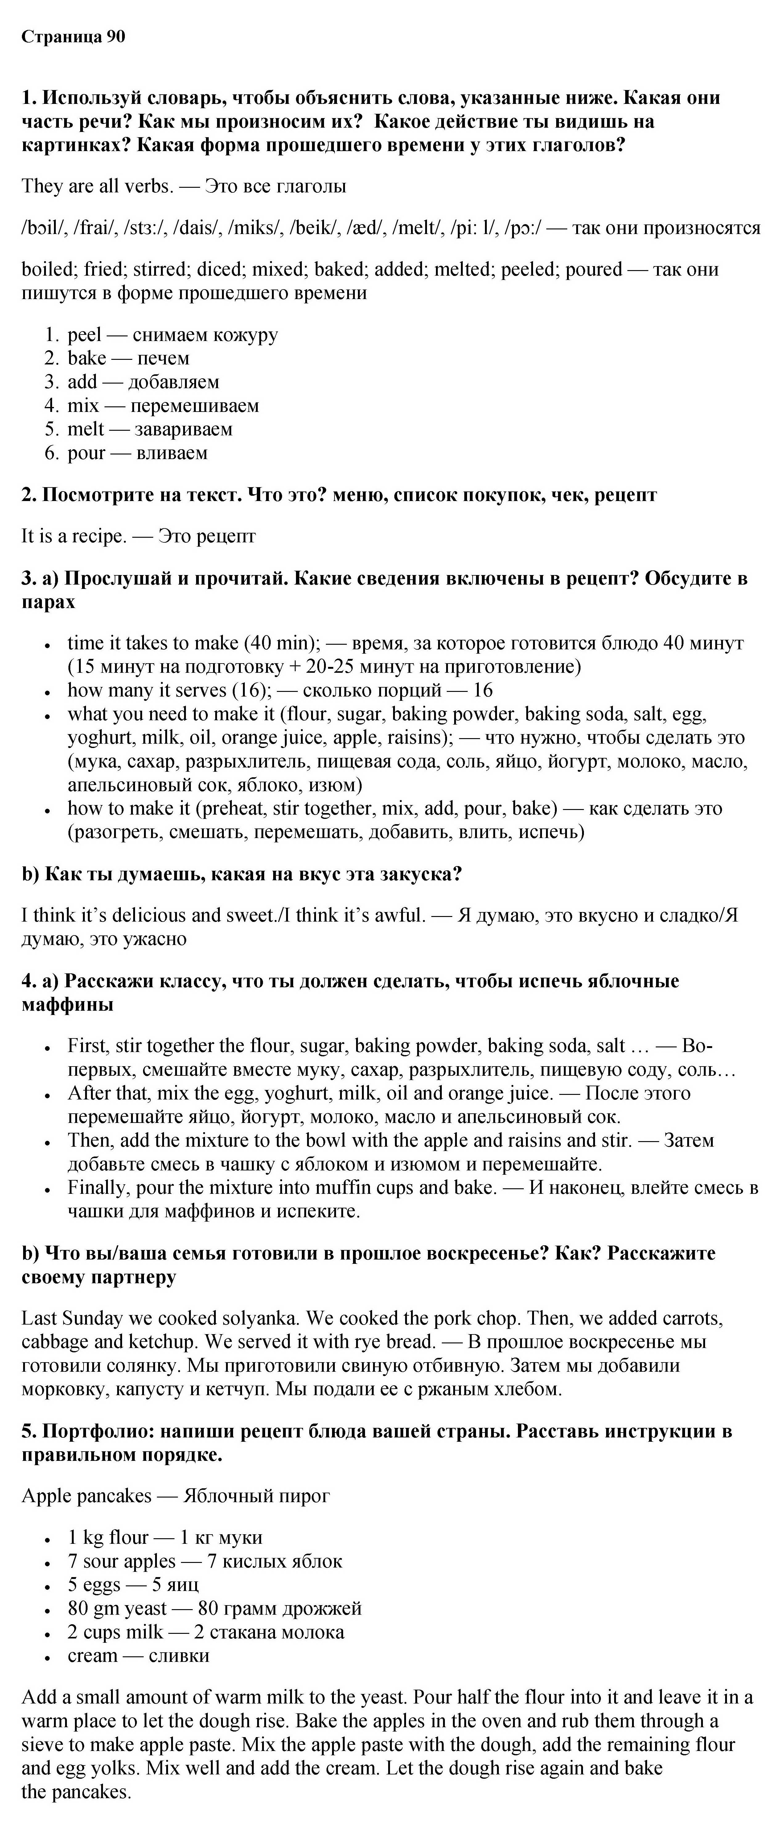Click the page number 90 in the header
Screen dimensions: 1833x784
tap(115, 37)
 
